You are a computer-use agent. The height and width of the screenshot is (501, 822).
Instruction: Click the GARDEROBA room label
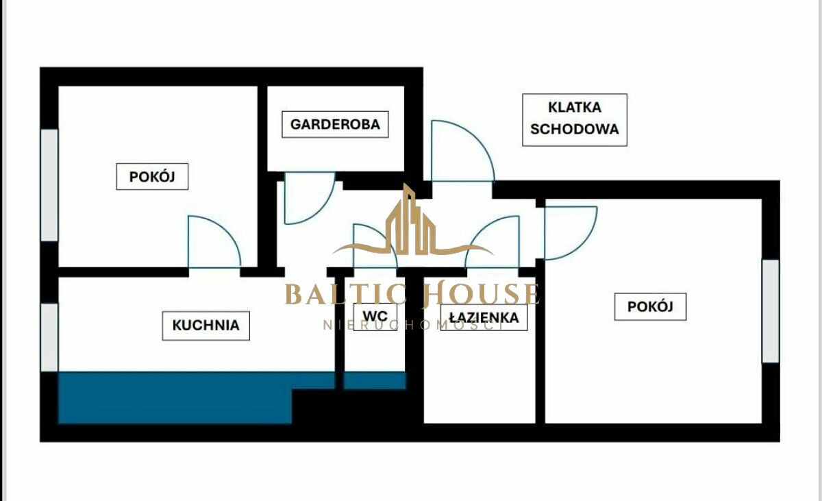coord(335,125)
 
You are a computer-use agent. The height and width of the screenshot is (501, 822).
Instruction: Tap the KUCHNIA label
coord(206,326)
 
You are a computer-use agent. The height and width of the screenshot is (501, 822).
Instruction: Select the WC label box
coord(375,317)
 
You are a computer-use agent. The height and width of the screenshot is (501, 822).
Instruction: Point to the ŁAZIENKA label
coord(484,317)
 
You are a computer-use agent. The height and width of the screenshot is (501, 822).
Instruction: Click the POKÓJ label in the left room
coord(152,177)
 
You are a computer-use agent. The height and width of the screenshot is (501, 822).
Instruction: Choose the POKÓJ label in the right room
coord(650,306)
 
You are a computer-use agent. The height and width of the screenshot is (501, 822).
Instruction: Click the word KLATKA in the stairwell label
coord(575,108)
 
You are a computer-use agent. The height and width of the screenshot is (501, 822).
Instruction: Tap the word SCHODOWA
coord(575,130)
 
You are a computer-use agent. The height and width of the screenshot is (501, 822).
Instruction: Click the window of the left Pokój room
coord(49,185)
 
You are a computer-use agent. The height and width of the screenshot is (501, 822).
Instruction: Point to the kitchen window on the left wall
coord(49,337)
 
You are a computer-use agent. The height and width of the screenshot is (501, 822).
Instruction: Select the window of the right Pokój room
coord(770,311)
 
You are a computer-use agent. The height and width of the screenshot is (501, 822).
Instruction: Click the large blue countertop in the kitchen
coord(175,398)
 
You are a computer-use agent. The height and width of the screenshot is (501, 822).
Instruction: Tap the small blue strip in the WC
coord(375,380)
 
